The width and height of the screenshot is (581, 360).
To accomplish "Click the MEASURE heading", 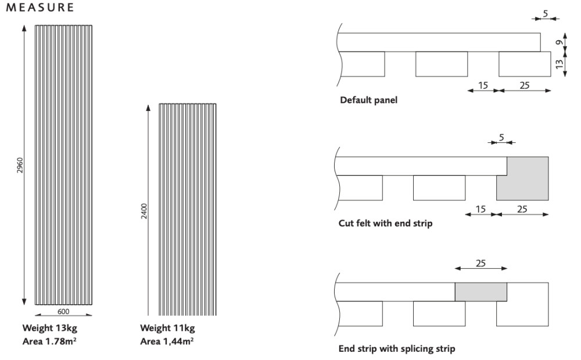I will click(x=40, y=8).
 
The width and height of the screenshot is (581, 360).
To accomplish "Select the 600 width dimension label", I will click(x=63, y=311).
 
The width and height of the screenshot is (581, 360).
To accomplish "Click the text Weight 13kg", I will click(x=49, y=329).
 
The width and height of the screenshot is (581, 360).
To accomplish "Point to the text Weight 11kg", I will click(x=167, y=329).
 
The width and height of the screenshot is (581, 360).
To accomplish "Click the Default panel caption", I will click(x=369, y=99).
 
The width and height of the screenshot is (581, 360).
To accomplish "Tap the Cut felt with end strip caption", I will click(x=385, y=224).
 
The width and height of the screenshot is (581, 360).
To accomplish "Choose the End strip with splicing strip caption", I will click(x=397, y=349).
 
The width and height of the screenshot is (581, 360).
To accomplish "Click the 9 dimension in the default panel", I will click(x=558, y=42).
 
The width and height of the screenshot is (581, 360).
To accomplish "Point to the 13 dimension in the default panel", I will click(x=559, y=64).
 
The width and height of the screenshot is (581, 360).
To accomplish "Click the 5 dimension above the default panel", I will click(x=545, y=12).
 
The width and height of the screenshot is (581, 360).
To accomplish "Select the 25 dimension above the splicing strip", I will click(x=481, y=263).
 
